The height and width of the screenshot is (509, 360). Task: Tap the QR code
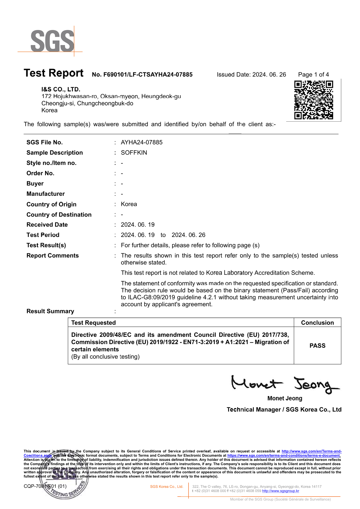[313, 100]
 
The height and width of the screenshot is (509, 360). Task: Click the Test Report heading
[54, 73]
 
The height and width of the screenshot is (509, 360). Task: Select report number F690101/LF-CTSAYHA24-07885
[142, 74]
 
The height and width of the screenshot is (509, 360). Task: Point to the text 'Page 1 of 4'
[313, 74]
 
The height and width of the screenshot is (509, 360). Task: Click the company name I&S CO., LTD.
[61, 89]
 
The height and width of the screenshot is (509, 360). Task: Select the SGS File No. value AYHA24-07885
[142, 142]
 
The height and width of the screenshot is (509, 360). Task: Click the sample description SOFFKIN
[134, 153]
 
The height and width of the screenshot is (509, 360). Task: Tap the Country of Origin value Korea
[129, 204]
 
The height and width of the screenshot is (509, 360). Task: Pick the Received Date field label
[47, 225]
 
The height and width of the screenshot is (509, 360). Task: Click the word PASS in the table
[317, 346]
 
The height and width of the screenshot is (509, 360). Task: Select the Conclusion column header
[317, 323]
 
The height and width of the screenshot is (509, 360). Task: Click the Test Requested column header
[93, 323]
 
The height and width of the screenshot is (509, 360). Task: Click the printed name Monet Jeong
[285, 398]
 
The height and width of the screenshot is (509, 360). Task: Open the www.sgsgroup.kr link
[280, 491]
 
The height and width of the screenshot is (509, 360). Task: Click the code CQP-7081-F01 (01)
[45, 486]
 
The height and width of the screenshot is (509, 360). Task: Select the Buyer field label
[35, 183]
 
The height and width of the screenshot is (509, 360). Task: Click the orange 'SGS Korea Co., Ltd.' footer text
[167, 487]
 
